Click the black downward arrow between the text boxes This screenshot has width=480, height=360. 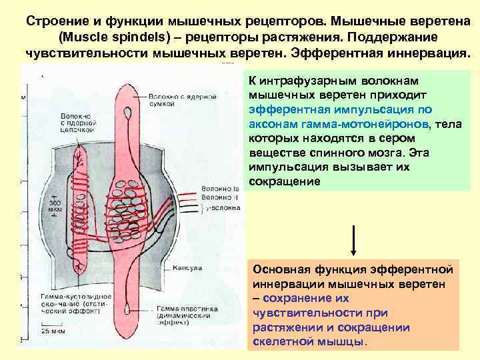[353, 240]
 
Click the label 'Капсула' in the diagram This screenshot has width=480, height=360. [187, 269]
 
